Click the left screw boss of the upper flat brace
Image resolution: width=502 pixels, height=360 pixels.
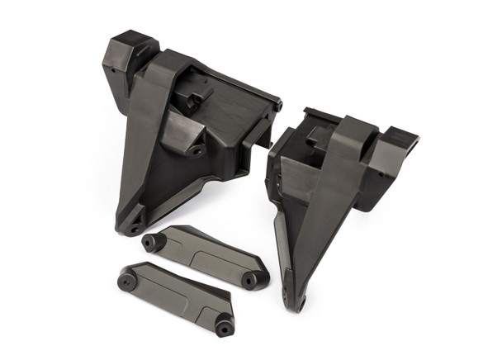[150, 243]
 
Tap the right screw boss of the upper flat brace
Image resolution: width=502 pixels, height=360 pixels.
[248, 280]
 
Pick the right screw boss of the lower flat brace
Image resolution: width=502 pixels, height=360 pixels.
[223, 328]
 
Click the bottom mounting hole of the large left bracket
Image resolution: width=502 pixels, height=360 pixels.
[135, 227]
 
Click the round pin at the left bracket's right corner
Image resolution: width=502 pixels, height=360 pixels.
[278, 106]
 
